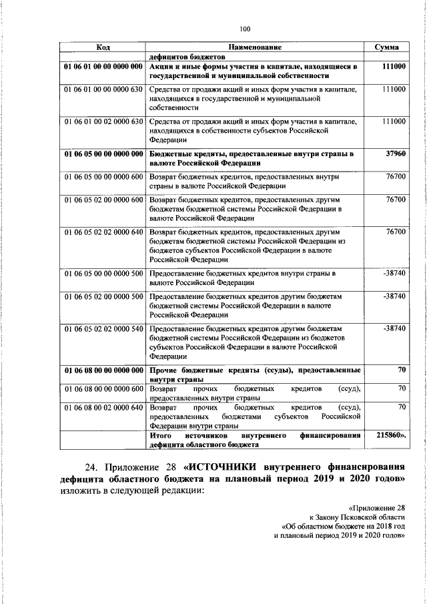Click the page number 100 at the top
(245, 28)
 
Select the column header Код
(103, 48)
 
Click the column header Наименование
(255, 48)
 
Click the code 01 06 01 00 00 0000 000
(103, 67)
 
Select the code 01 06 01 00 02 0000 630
(103, 121)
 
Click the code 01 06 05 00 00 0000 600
(103, 177)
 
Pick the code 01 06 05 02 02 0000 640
(103, 232)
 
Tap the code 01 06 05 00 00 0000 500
(103, 274)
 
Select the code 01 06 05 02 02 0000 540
(103, 328)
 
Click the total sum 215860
(390, 434)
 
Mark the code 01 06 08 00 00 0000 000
(103, 370)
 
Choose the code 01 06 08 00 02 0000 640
(103, 406)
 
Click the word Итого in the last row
(161, 434)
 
